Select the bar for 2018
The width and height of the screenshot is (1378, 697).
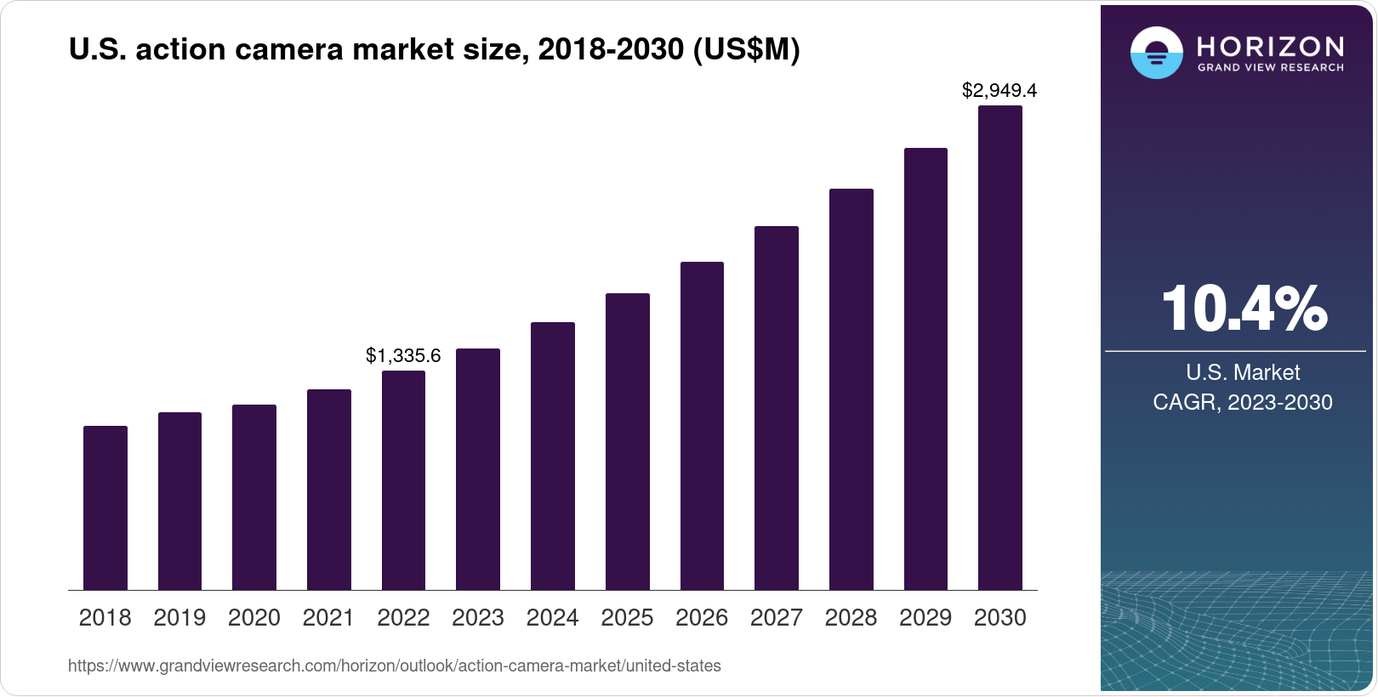click(105, 507)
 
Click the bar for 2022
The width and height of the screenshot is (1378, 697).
click(403, 480)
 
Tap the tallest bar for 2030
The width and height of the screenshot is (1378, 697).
click(999, 348)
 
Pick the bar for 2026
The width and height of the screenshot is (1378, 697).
click(702, 426)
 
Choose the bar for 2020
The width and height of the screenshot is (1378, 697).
click(254, 497)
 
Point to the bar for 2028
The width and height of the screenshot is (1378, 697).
click(851, 389)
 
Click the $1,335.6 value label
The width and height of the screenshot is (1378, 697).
click(403, 355)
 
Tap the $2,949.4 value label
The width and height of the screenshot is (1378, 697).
click(999, 90)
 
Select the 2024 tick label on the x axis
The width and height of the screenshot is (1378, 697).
click(552, 618)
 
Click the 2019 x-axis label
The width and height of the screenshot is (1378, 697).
click(179, 618)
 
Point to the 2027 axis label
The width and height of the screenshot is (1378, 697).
click(776, 618)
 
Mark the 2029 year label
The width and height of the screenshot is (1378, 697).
click(925, 618)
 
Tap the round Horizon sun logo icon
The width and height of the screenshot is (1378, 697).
click(1156, 53)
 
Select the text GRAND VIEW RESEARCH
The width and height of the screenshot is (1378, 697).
click(1270, 67)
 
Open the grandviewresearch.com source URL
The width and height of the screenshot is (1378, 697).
click(394, 666)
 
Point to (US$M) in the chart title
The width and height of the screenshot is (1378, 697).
click(746, 49)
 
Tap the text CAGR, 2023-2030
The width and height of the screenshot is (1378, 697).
click(1242, 402)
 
